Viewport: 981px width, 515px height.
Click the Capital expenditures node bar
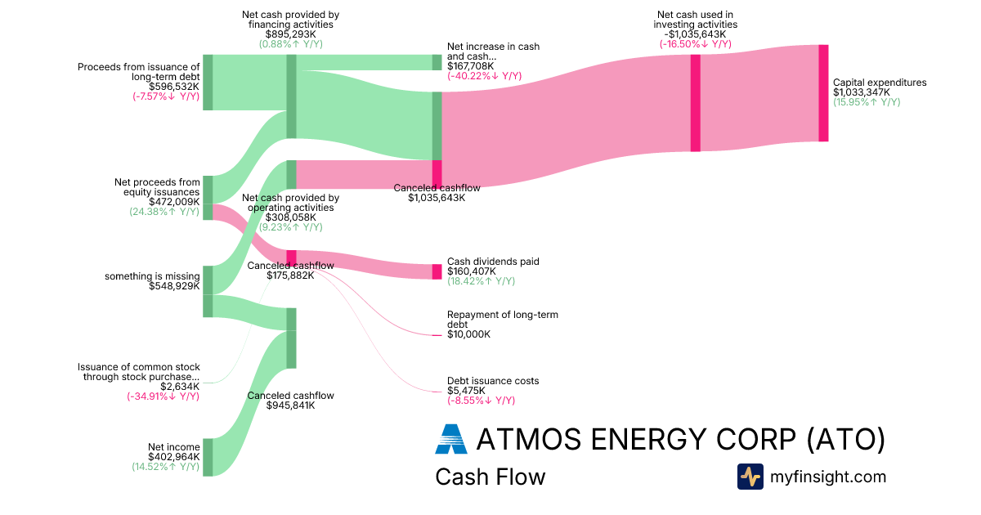click(823, 93)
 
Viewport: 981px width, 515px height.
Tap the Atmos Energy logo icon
click(450, 439)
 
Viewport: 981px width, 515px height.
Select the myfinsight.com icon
click(750, 477)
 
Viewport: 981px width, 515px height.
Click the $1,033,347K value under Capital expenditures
click(867, 92)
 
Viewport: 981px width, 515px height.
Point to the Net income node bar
click(208, 457)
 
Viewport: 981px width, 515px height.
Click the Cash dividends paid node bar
click(437, 271)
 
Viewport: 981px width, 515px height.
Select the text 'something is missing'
click(152, 276)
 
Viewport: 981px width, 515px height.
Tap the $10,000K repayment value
click(468, 334)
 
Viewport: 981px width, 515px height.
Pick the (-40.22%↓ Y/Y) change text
click(485, 76)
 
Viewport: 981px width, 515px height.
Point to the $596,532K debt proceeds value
click(174, 86)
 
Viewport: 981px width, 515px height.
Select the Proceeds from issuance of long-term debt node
click(208, 82)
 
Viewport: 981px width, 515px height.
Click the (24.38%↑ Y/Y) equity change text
click(164, 212)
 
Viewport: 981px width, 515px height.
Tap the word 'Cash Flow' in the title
click(490, 477)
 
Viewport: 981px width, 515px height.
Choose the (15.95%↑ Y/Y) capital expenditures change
click(867, 102)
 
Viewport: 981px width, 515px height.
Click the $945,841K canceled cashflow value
click(290, 405)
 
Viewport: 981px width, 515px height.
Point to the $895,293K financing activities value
click(290, 34)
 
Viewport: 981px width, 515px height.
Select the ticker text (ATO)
click(845, 439)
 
